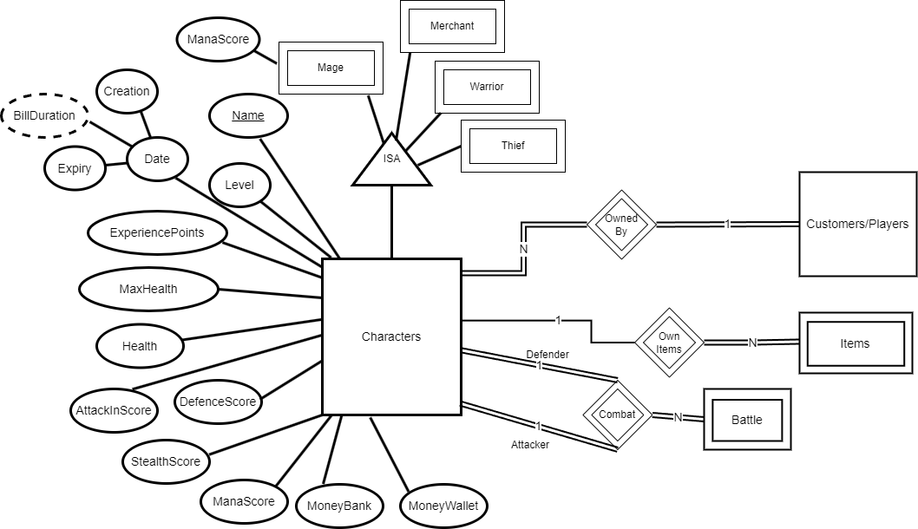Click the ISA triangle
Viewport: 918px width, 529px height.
click(x=391, y=162)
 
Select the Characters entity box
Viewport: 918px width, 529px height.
click(x=390, y=336)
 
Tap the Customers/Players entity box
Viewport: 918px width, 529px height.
click(x=857, y=224)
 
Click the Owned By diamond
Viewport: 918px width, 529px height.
click(x=621, y=225)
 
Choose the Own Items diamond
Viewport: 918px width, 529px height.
click(x=669, y=342)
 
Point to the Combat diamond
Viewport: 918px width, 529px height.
click(x=617, y=415)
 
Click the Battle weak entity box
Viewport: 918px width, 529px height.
click(x=746, y=420)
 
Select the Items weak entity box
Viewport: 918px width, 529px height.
click(x=855, y=343)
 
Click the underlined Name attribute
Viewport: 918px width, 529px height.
click(x=248, y=115)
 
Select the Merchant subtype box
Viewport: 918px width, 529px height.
click(x=452, y=26)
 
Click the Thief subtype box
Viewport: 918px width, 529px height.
click(x=513, y=145)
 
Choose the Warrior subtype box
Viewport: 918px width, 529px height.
click(x=487, y=87)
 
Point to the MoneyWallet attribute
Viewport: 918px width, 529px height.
click(x=443, y=505)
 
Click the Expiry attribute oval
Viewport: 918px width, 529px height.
click(x=75, y=168)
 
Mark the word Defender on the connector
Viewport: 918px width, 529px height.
click(x=548, y=355)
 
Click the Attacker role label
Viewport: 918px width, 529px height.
click(x=529, y=445)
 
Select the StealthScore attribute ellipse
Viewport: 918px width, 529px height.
click(x=165, y=460)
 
